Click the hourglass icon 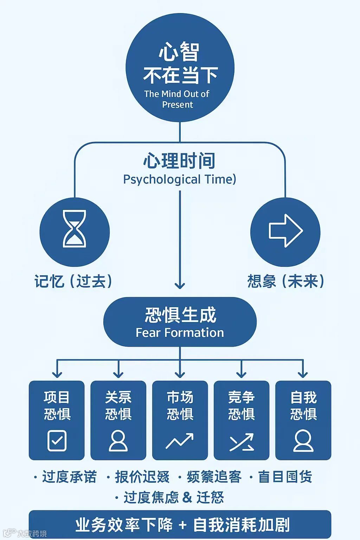[74, 229]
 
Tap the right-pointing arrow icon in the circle [285, 231]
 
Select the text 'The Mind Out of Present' [177, 99]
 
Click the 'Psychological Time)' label [179, 179]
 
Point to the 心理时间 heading [179, 161]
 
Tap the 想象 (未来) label [285, 281]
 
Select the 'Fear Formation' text [180, 333]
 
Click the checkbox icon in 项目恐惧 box [57, 441]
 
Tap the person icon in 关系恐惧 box [118, 441]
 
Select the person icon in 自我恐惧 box [303, 441]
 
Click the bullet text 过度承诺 [69, 477]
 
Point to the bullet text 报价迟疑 [142, 477]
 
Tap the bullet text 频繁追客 [214, 477]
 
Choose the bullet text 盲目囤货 [285, 477]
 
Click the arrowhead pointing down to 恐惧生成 [180, 285]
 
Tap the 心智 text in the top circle [179, 52]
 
